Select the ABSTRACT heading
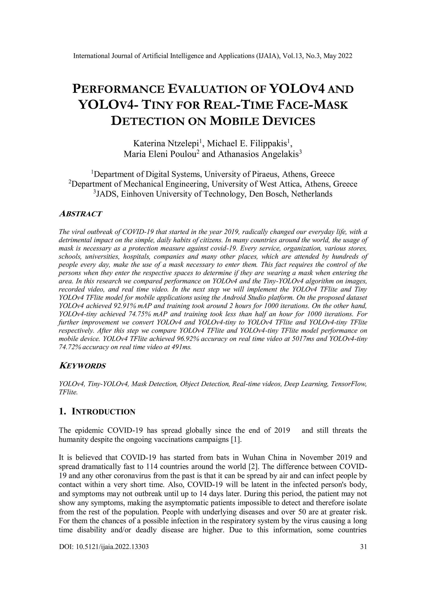point(80,214)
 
